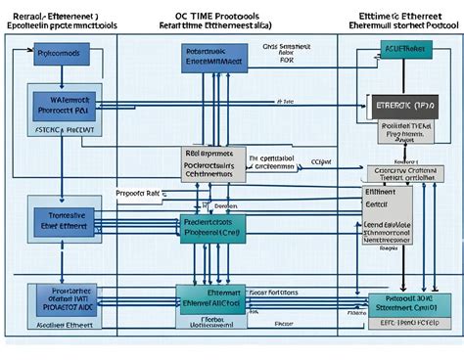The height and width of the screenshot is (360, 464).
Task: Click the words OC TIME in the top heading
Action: click(201, 17)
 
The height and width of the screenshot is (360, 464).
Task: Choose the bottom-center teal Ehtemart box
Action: click(210, 297)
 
